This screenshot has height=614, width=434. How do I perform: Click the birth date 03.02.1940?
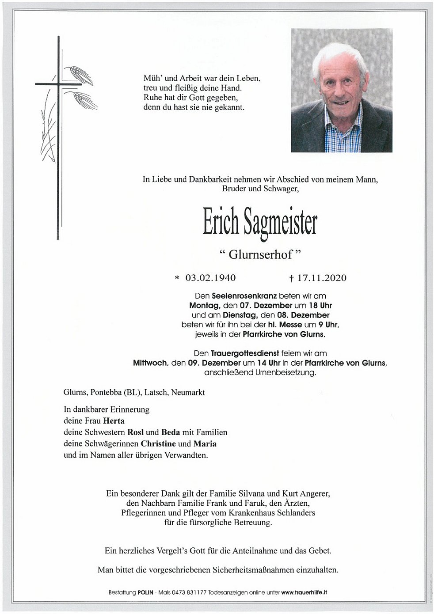tap(210, 278)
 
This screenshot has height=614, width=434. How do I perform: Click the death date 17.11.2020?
tap(322, 278)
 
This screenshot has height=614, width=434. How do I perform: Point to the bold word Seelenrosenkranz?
tap(236, 296)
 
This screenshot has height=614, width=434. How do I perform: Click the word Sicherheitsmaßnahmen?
tap(245, 569)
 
